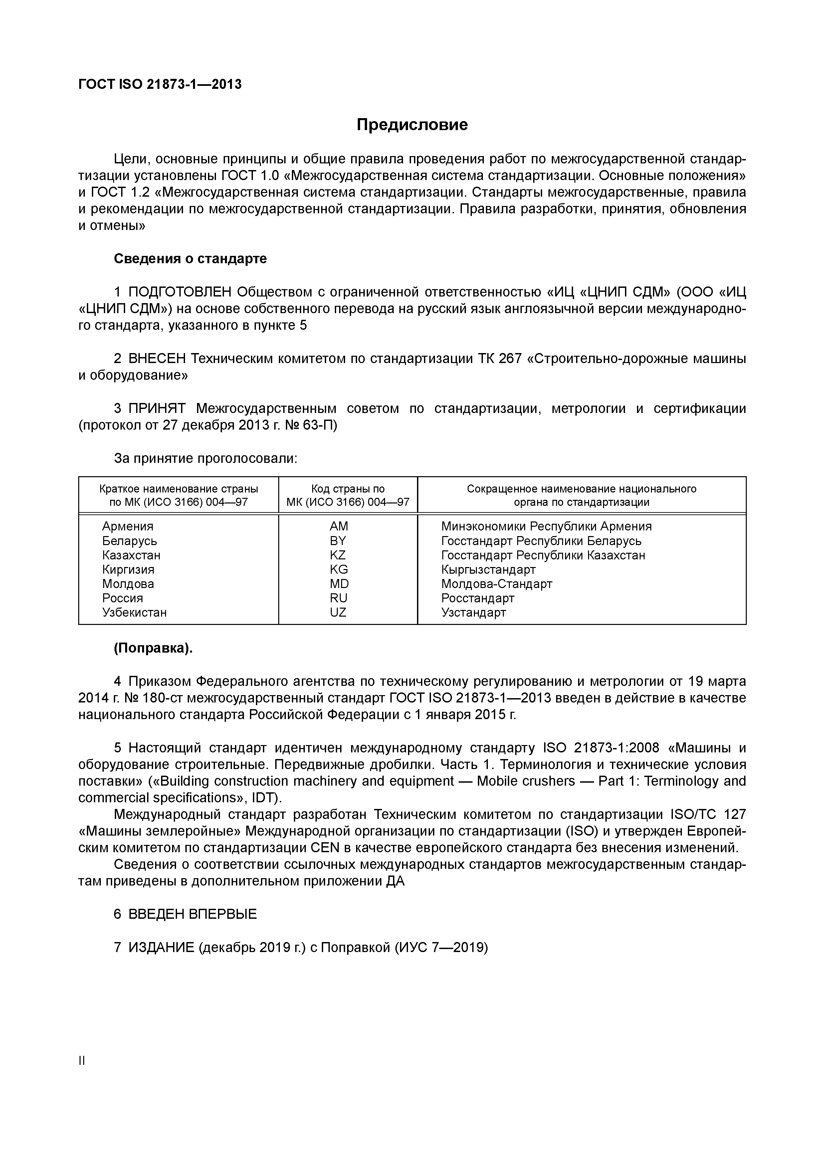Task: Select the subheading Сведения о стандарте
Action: click(x=190, y=259)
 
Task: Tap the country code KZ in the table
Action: click(x=338, y=555)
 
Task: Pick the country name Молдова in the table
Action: click(x=128, y=584)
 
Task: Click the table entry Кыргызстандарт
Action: click(x=488, y=569)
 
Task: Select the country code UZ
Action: click(x=338, y=613)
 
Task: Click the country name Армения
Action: click(x=127, y=526)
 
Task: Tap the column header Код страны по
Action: click(x=348, y=489)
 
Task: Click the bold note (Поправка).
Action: click(x=153, y=649)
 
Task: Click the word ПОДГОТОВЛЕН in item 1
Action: click(x=180, y=292)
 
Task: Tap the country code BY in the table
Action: click(x=338, y=541)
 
